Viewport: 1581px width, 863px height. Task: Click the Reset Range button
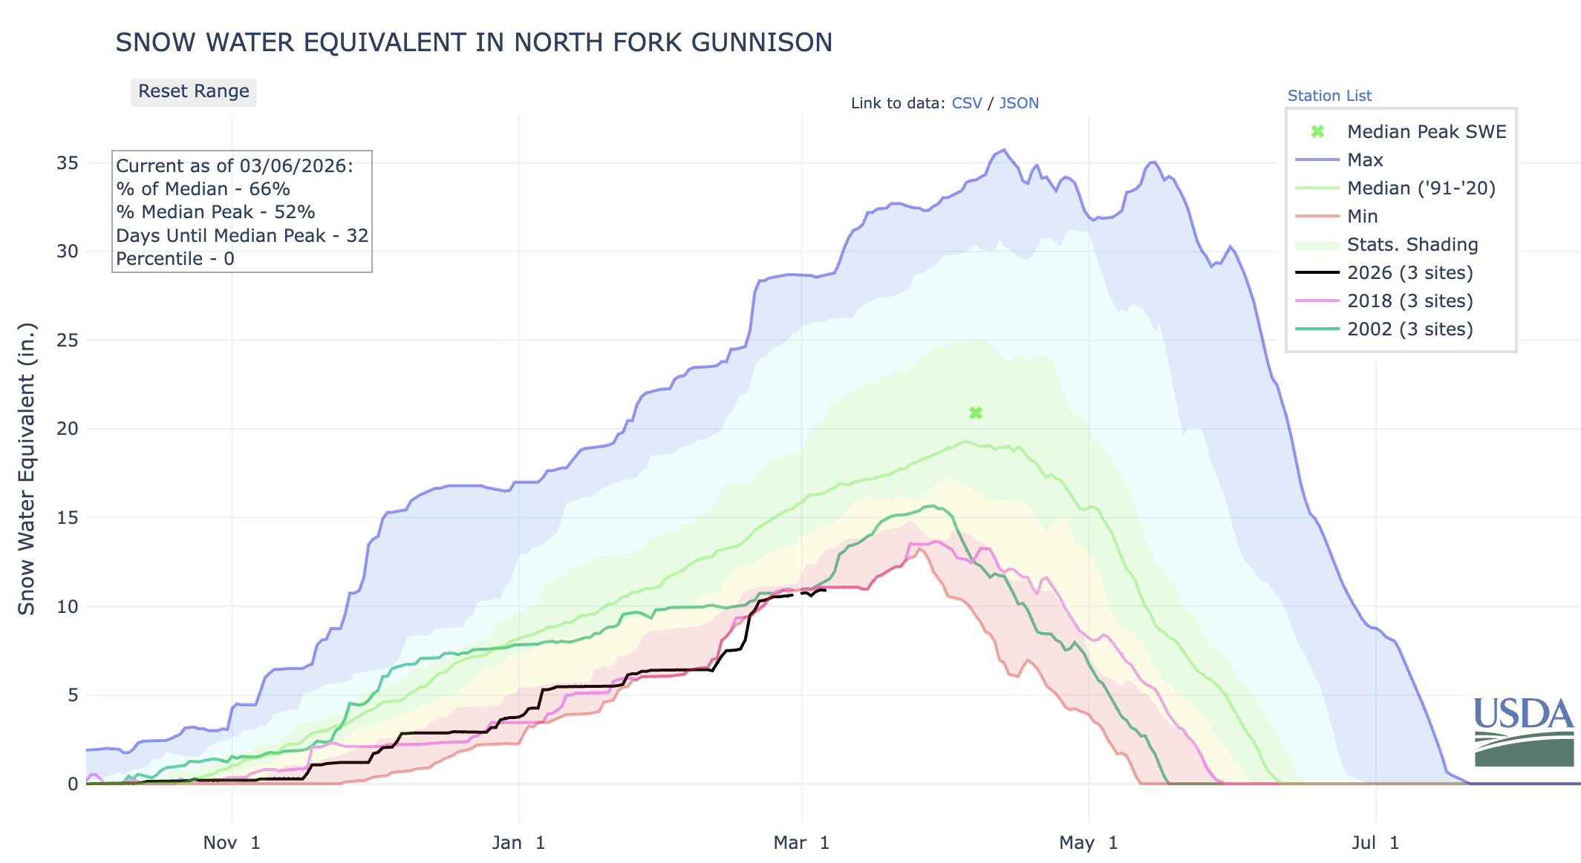click(194, 92)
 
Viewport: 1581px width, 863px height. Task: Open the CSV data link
click(966, 103)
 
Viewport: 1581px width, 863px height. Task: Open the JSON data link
click(1019, 103)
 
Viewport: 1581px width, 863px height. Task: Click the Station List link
click(1329, 96)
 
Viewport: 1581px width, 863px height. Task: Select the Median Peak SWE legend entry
click(1426, 132)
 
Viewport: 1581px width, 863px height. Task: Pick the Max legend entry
click(1365, 160)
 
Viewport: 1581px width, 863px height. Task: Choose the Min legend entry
click(1362, 217)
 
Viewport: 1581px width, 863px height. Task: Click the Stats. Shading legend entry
click(1412, 245)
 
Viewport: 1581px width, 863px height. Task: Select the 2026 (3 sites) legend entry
click(1409, 273)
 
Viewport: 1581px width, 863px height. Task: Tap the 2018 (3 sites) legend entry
click(1409, 301)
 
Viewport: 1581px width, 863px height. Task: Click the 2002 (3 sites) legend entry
click(1409, 329)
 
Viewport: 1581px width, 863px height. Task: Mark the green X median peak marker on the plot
click(976, 413)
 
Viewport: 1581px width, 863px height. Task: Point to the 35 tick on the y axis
click(68, 163)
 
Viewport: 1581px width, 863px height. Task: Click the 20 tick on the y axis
click(68, 429)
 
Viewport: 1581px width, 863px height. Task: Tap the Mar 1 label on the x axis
click(801, 843)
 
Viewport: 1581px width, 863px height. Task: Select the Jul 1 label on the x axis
click(1375, 843)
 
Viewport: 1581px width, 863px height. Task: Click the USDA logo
click(1524, 732)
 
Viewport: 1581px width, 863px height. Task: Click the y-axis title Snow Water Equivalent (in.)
click(27, 469)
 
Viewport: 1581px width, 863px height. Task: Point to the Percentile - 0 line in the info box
click(175, 259)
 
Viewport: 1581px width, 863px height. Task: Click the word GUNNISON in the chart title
click(761, 43)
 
